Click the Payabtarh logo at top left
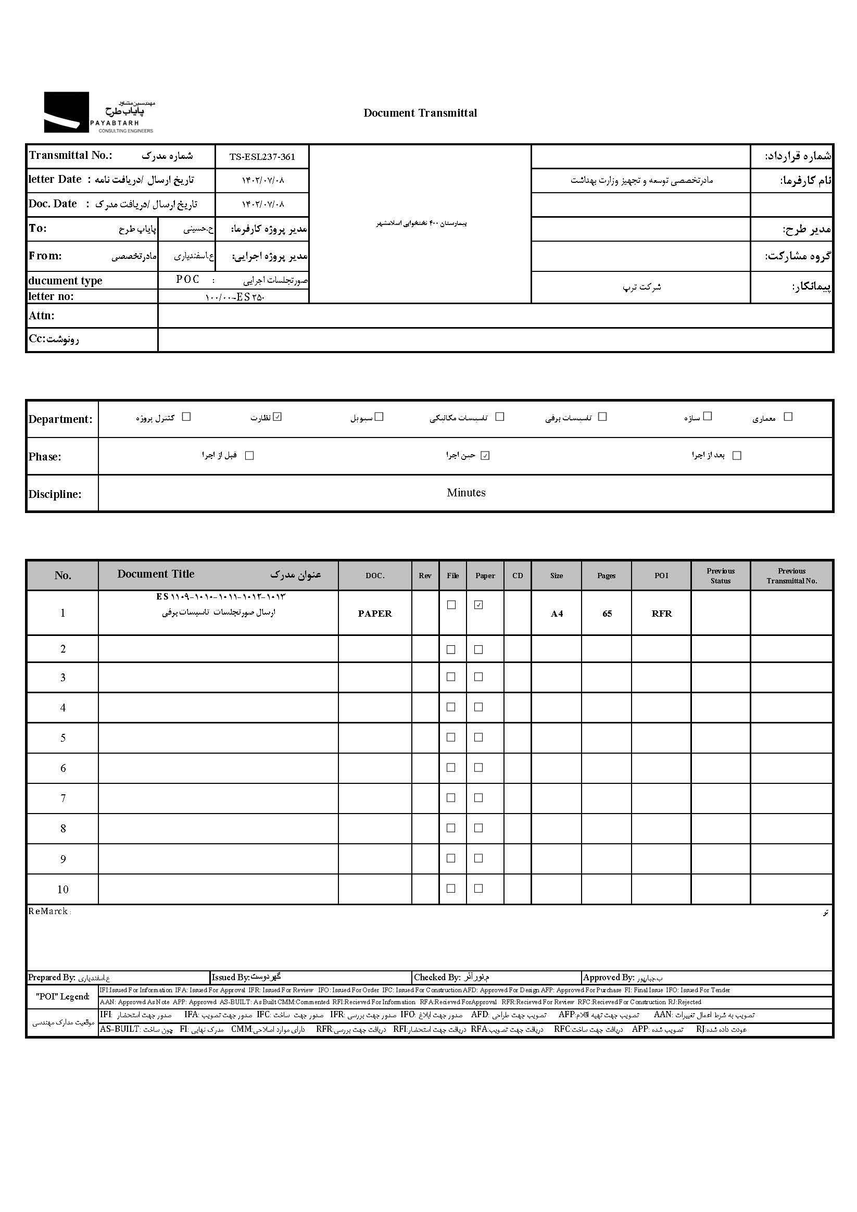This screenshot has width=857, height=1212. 99,113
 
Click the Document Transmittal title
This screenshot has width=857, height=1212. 420,113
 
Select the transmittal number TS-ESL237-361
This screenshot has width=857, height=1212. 262,157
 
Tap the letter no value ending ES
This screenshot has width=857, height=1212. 234,297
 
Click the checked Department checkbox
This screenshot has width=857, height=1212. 278,417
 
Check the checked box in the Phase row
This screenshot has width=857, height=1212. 485,456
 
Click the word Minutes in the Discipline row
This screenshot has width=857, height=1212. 466,493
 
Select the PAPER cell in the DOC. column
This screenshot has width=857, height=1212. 375,614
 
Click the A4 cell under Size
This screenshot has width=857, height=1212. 557,614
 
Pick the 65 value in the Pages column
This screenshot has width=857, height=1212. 607,614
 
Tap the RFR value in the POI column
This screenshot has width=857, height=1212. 662,614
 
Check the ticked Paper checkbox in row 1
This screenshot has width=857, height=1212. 478,605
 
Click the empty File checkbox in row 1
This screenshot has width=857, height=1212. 451,605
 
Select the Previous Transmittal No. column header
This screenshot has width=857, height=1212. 791,576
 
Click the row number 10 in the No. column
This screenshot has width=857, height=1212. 63,890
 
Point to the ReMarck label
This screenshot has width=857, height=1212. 48,911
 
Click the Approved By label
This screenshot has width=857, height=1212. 609,978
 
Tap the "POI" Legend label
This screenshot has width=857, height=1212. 63,996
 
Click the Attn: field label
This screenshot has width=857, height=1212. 42,316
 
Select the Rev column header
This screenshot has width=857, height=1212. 425,576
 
